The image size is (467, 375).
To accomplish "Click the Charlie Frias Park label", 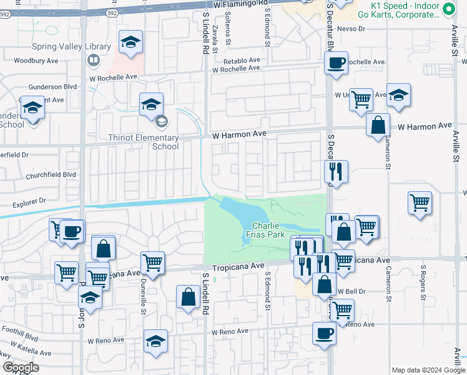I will [268, 230].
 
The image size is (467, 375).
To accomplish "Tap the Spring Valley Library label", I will [71, 47].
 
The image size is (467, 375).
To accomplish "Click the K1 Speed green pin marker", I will [448, 9].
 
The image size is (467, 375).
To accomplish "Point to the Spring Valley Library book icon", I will [94, 60].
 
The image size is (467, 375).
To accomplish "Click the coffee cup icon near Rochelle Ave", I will [337, 62].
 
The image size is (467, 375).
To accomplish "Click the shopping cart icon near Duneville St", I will [152, 263].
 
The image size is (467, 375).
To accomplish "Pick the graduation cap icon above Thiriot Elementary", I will [151, 104].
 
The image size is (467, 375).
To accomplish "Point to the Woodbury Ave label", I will [36, 61].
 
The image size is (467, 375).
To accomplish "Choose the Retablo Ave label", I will [242, 61].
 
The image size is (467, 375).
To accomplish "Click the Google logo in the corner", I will [21, 367].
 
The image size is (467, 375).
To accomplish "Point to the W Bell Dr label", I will [351, 291].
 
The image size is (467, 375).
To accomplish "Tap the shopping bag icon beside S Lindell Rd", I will [189, 297].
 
